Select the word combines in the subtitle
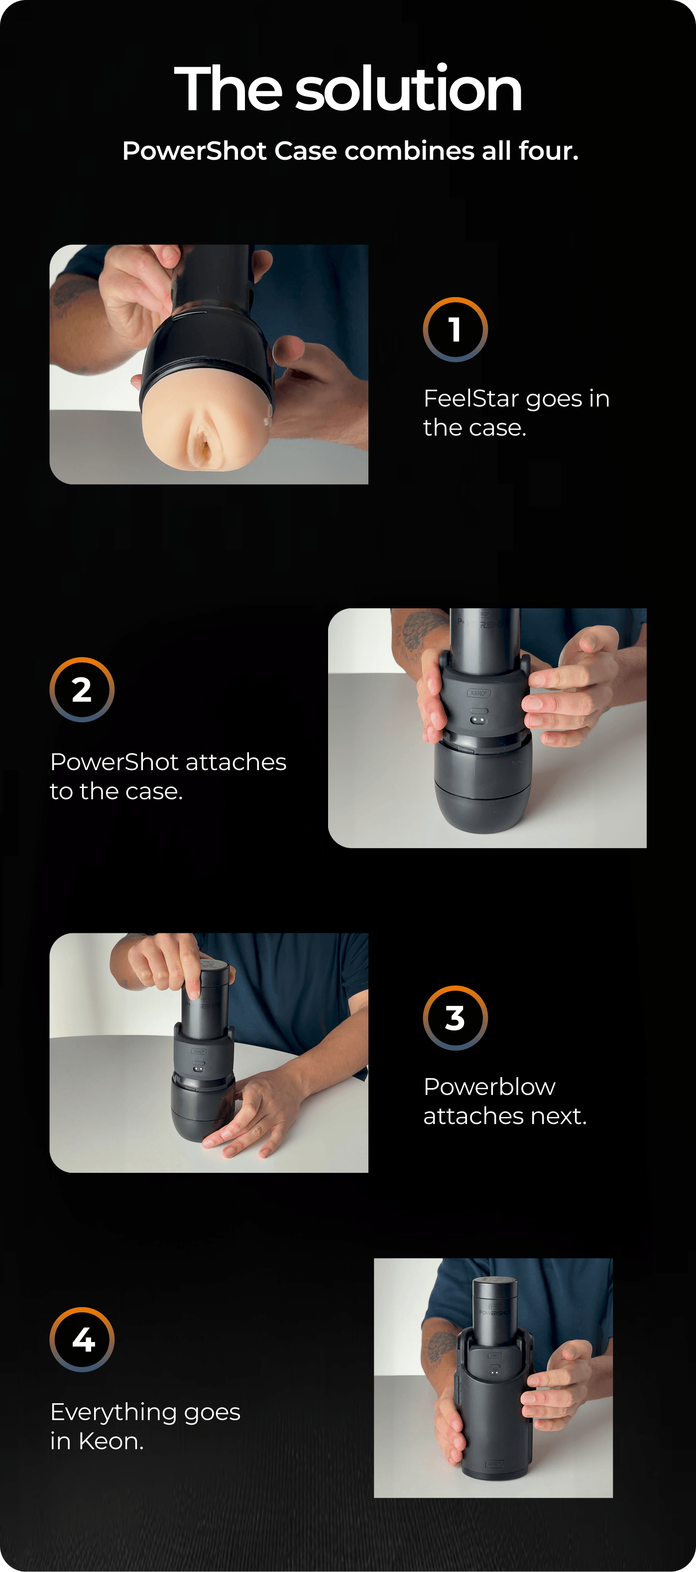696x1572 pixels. [409, 150]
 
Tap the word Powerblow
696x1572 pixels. [490, 1087]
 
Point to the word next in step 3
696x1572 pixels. [559, 1116]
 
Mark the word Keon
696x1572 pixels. [111, 1442]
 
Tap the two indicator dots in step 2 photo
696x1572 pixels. [478, 721]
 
